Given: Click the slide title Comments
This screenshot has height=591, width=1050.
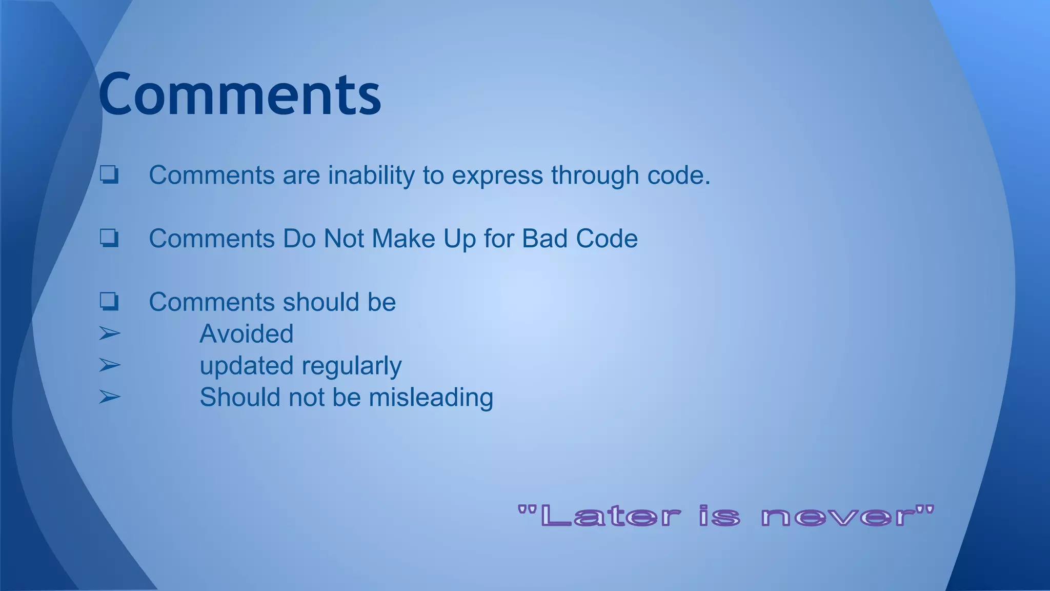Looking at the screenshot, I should [239, 94].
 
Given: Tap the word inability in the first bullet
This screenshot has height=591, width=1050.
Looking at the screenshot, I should [371, 175].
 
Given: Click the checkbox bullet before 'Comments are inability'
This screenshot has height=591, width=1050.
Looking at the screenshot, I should [109, 174].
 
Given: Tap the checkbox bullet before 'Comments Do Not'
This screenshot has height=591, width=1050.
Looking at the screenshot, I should [109, 238].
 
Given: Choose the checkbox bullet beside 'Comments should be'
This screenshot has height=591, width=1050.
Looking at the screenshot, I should [109, 301].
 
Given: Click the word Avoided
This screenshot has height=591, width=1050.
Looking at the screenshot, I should [247, 334].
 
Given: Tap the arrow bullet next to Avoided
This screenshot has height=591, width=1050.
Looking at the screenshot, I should [109, 334].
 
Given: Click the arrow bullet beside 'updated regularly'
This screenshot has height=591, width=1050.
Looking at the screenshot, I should [109, 365].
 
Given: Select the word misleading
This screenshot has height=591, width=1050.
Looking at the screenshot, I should [431, 398].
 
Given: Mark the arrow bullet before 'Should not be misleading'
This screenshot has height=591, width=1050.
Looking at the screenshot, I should [109, 397].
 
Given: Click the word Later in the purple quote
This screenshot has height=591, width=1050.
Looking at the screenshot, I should [610, 516].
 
